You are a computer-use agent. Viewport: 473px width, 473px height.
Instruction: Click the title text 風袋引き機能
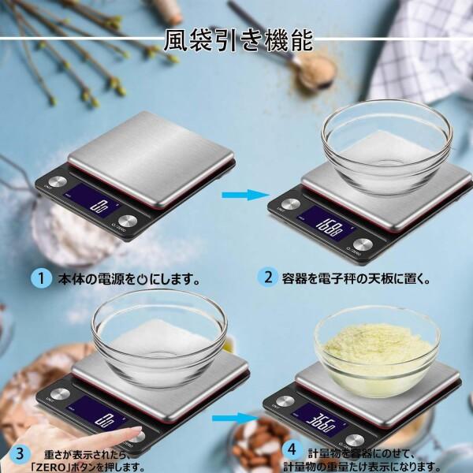(x=238, y=39)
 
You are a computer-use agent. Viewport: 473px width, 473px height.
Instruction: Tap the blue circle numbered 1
(x=38, y=278)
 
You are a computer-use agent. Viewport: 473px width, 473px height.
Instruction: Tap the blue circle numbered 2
(x=268, y=277)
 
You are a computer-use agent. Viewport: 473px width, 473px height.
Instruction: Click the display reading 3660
(x=325, y=419)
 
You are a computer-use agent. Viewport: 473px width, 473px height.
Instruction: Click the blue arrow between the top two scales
(x=241, y=195)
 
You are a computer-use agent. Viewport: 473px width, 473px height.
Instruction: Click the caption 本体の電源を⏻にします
(x=126, y=279)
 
